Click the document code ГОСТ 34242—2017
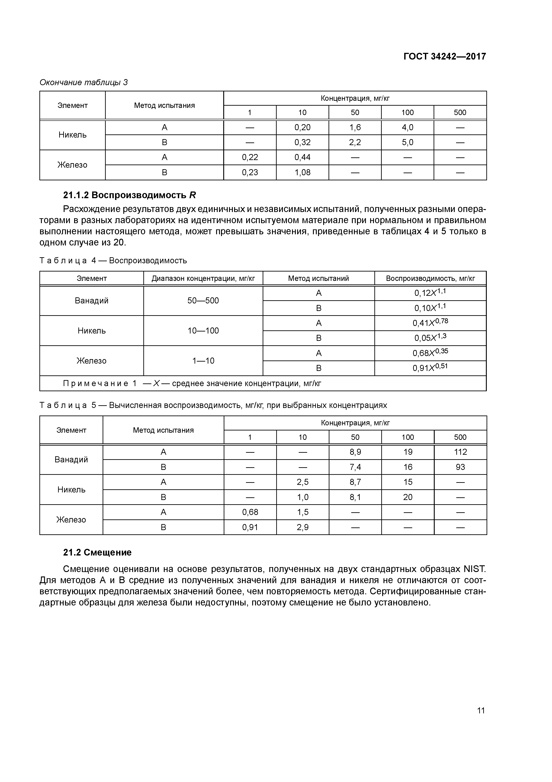coord(444,56)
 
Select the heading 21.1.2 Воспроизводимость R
coord(130,195)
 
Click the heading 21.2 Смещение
coord(97,552)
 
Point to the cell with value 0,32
coord(302,142)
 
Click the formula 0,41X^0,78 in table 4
coord(430,323)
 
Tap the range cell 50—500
coord(203,300)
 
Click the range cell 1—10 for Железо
coord(203,361)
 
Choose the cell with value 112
coord(460,452)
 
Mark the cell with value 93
coord(460,467)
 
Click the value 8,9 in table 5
coord(355,452)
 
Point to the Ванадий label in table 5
coord(71,459)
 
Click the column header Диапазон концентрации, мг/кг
coord(203,278)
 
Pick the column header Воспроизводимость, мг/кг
coord(430,278)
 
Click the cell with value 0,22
coord(250,157)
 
